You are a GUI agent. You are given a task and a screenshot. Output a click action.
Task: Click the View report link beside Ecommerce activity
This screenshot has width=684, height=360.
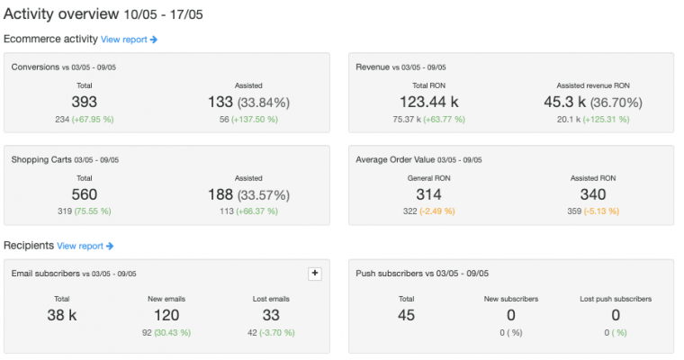129,40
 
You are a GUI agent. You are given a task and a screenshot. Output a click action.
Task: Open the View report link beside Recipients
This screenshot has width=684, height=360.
85,246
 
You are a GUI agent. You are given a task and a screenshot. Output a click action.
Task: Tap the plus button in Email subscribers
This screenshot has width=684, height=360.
314,274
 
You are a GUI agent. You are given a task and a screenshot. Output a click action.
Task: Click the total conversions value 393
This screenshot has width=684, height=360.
84,103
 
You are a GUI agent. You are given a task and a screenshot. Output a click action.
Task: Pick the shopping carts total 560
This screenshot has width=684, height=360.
84,194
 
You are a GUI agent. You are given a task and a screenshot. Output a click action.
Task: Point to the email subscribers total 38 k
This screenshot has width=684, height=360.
62,315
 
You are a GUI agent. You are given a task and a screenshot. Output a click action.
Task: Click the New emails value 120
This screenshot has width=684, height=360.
166,315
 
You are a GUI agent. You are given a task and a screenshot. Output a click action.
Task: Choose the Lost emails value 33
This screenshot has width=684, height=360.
271,315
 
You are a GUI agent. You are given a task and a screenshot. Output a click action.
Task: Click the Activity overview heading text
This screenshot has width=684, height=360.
61,14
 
